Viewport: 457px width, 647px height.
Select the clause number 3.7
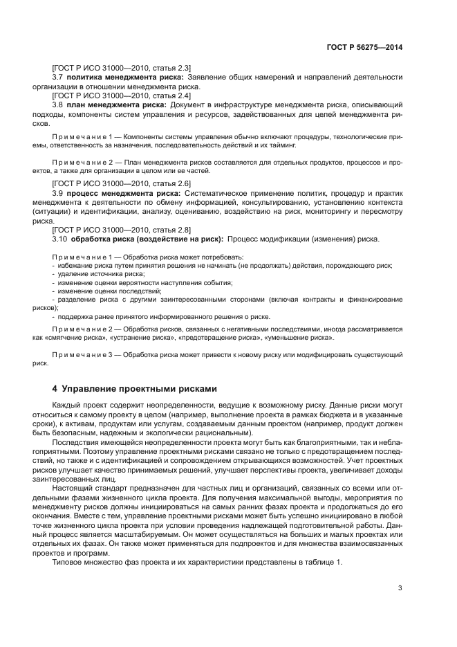(58, 78)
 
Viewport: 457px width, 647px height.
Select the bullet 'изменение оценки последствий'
(103, 291)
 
